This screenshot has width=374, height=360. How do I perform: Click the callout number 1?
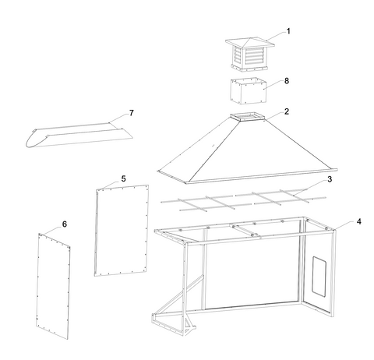pyautogui.click(x=288, y=31)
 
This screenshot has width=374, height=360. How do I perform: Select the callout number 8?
pyautogui.click(x=287, y=81)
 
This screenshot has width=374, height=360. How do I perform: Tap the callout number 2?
pyautogui.click(x=287, y=111)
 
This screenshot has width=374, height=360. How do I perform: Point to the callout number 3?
pyautogui.click(x=330, y=179)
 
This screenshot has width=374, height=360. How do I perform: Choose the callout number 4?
pyautogui.click(x=358, y=222)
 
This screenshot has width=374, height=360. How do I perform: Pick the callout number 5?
pyautogui.click(x=123, y=179)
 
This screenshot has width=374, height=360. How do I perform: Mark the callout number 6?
pyautogui.click(x=65, y=224)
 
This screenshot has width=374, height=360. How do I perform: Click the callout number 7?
pyautogui.click(x=132, y=113)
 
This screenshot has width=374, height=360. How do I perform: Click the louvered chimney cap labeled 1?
pyautogui.click(x=250, y=55)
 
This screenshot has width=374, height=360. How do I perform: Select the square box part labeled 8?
pyautogui.click(x=249, y=90)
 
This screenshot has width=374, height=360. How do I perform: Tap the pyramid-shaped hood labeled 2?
pyautogui.click(x=247, y=148)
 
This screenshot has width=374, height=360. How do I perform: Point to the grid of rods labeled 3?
pyautogui.click(x=243, y=199)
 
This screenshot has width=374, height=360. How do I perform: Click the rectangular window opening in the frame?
pyautogui.click(x=319, y=276)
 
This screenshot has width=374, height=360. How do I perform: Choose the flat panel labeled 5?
pyautogui.click(x=122, y=231)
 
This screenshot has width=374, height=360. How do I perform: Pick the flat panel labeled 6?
pyautogui.click(x=53, y=286)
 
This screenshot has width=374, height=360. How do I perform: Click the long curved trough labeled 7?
pyautogui.click(x=79, y=135)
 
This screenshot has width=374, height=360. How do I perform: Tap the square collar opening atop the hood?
pyautogui.click(x=247, y=116)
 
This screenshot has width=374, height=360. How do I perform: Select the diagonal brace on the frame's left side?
pyautogui.click(x=178, y=294)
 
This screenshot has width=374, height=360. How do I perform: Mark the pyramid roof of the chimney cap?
pyautogui.click(x=250, y=42)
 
